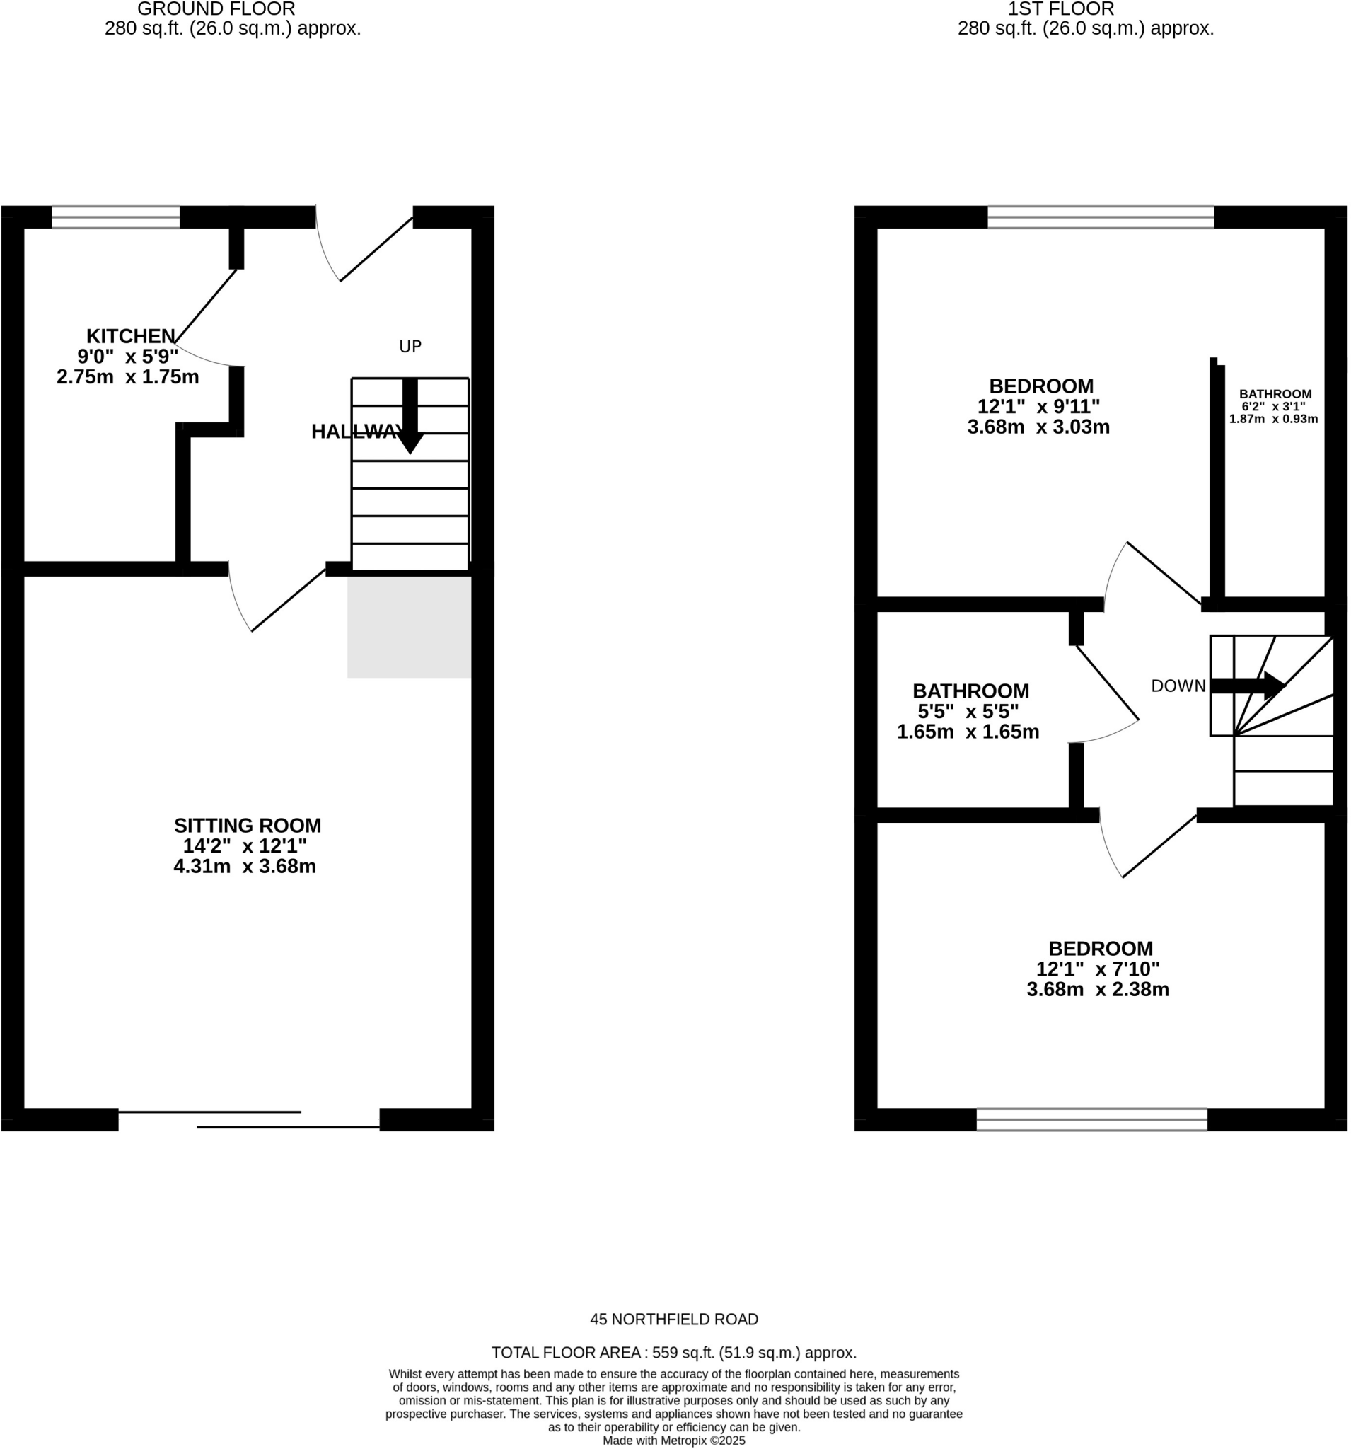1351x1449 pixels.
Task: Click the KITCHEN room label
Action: pos(130,336)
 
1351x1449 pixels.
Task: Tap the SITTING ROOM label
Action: pos(247,826)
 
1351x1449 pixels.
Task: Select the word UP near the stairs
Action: pos(410,347)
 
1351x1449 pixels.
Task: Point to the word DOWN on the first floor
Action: pos(1178,686)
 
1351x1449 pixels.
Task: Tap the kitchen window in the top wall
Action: pos(116,217)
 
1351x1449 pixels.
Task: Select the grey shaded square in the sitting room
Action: pos(409,627)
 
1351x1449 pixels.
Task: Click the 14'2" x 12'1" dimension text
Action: pos(245,846)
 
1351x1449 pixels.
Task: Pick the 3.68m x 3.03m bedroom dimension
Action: pos(1038,427)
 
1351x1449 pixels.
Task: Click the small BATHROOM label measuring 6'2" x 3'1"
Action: pos(1275,393)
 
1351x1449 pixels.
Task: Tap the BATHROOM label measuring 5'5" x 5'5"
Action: pos(970,691)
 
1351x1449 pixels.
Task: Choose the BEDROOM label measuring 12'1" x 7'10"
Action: pos(1101,948)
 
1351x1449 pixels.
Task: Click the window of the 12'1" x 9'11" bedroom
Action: pos(1101,217)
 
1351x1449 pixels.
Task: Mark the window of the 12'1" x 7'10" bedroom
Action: pos(1091,1119)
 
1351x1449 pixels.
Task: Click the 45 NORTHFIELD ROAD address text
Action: pos(674,1320)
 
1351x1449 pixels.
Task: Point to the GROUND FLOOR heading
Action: pos(216,9)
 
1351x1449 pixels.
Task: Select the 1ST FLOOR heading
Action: pos(1060,9)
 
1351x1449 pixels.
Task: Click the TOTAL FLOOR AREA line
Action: pos(674,1353)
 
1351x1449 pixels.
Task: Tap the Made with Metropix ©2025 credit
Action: pos(674,1441)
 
